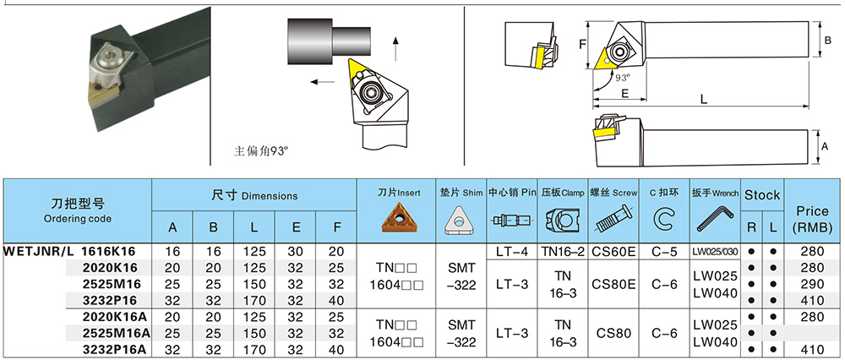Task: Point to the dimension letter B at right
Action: point(827,38)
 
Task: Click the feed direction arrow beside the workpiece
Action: point(321,82)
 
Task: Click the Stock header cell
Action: point(761,195)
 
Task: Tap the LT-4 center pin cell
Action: point(512,251)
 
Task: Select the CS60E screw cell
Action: point(613,251)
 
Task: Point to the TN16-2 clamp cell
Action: point(563,251)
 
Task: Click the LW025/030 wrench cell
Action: point(715,251)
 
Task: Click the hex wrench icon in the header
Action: point(714,222)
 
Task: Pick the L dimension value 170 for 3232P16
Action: point(254,299)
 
